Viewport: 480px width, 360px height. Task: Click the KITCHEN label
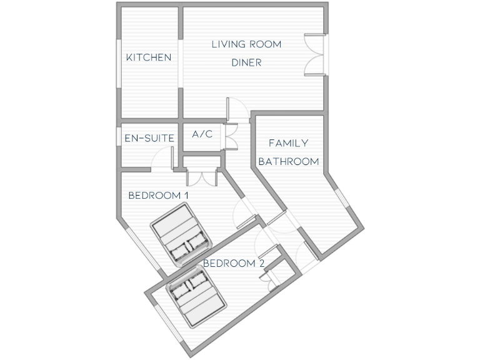click(x=149, y=57)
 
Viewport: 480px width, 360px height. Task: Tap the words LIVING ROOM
click(x=246, y=44)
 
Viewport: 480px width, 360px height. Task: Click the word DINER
click(x=246, y=62)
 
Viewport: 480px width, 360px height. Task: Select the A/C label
click(x=202, y=134)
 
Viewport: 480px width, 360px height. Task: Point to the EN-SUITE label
click(x=149, y=137)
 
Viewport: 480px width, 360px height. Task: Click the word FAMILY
click(x=288, y=143)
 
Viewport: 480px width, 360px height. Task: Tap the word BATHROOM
click(x=289, y=161)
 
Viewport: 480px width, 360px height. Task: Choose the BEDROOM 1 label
click(x=158, y=195)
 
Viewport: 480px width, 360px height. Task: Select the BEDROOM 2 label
click(x=233, y=263)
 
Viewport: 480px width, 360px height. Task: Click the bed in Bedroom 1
click(x=181, y=237)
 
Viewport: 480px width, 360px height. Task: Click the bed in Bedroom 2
click(x=196, y=296)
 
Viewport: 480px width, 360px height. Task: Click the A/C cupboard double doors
click(x=231, y=134)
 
